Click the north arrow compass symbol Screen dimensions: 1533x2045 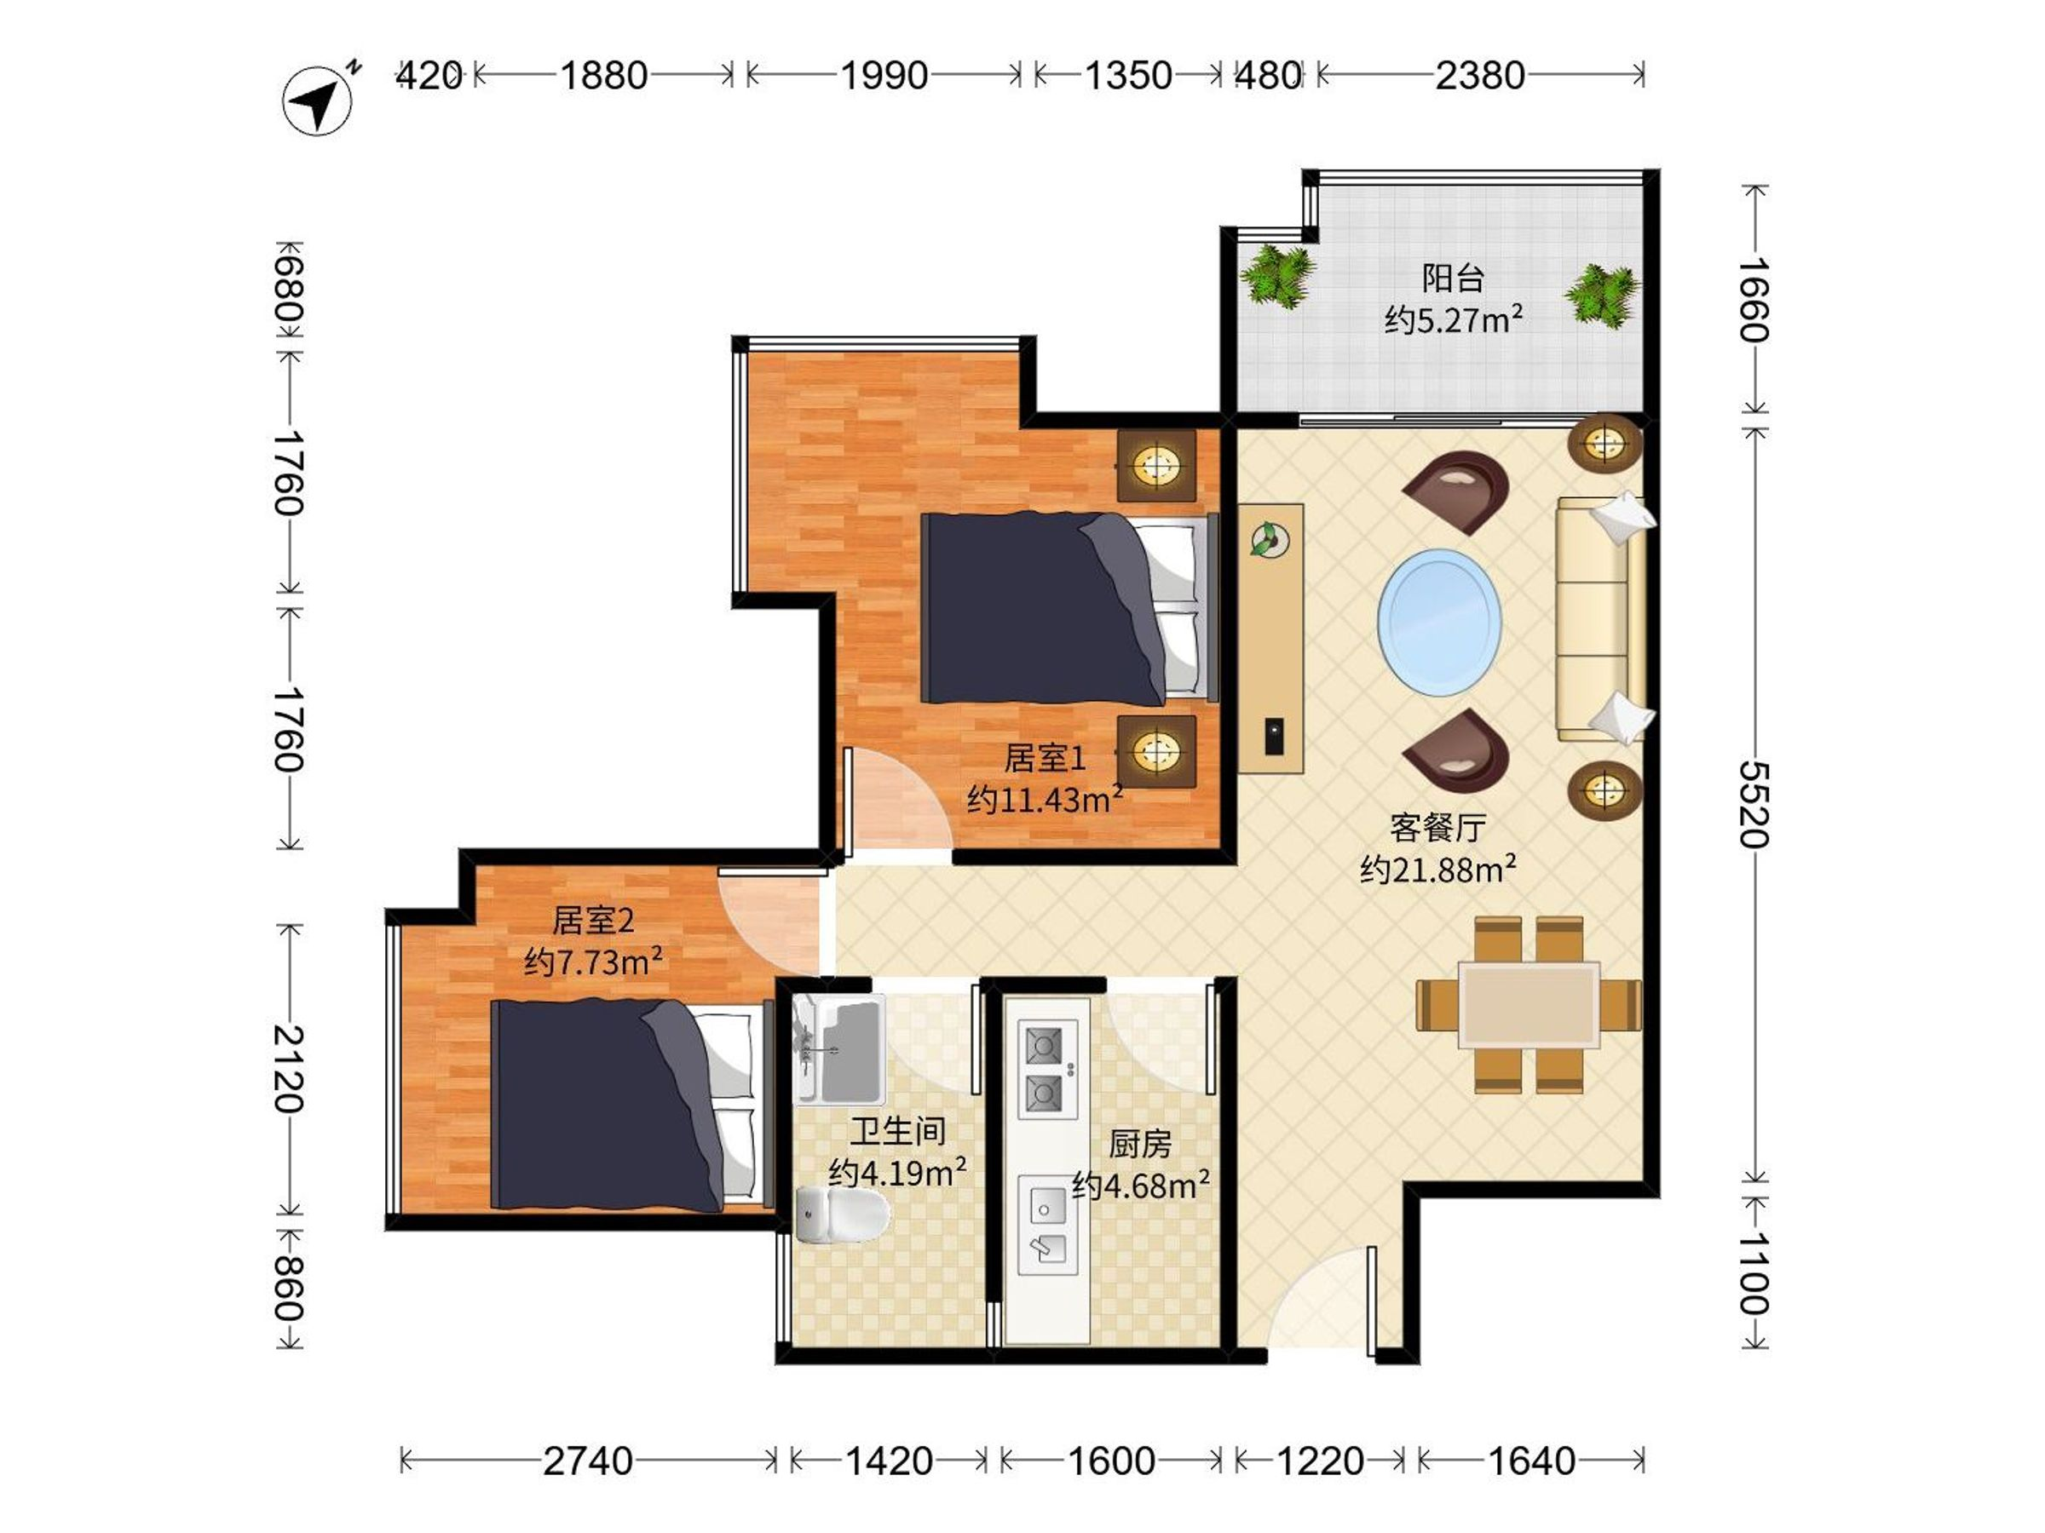[x=317, y=100]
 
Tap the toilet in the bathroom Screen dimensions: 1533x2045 [x=839, y=1214]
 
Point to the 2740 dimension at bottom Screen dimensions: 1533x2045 [x=587, y=1461]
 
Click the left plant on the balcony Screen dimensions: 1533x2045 [x=1277, y=274]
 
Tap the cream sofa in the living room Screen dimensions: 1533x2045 [x=1599, y=619]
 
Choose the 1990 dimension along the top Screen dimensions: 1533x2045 [x=884, y=76]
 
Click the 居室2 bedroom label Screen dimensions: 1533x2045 [x=592, y=921]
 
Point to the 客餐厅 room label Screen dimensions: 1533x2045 [x=1437, y=828]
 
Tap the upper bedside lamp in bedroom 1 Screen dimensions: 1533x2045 [x=1155, y=465]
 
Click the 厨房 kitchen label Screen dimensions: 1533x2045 [x=1140, y=1144]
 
